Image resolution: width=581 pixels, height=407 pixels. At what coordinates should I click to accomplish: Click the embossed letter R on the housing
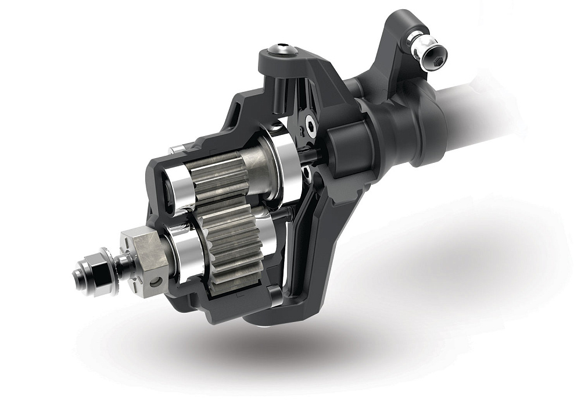click(x=302, y=124)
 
